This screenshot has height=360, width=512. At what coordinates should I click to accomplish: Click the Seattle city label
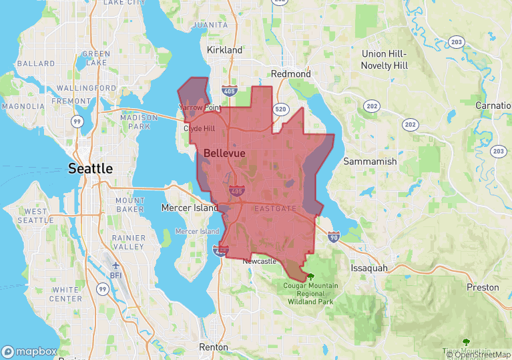[x=91, y=168]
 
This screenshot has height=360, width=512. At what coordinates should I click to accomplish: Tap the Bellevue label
[x=224, y=153]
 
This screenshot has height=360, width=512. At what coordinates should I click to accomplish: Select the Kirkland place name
[x=225, y=50]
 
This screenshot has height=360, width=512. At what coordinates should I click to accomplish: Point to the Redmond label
[x=290, y=73]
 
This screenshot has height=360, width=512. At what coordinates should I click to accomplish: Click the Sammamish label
[x=370, y=162]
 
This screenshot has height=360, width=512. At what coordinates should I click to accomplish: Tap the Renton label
[x=214, y=347]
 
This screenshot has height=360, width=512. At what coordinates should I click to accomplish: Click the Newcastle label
[x=260, y=261]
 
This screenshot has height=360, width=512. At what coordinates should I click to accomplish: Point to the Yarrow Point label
[x=200, y=108]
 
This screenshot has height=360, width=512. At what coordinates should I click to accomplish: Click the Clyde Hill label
[x=200, y=128]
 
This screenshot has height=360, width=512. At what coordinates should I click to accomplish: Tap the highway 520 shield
[x=280, y=109]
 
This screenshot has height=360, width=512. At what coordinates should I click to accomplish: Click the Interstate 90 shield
[x=333, y=236]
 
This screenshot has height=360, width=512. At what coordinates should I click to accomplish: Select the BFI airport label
[x=116, y=274]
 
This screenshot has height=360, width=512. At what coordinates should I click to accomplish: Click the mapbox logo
[x=29, y=351]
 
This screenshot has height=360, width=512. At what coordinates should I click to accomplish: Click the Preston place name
[x=483, y=287]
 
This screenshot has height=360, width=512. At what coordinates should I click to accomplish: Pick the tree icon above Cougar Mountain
[x=310, y=275]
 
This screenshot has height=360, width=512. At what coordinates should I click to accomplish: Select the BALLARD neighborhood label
[x=35, y=63]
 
